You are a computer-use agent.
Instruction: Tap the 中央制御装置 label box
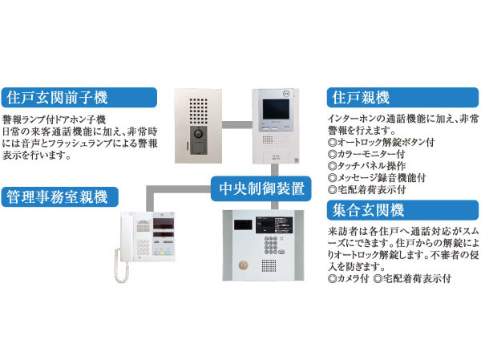(261, 190)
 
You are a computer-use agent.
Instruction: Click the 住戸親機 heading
(361, 99)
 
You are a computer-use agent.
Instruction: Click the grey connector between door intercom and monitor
(237, 124)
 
